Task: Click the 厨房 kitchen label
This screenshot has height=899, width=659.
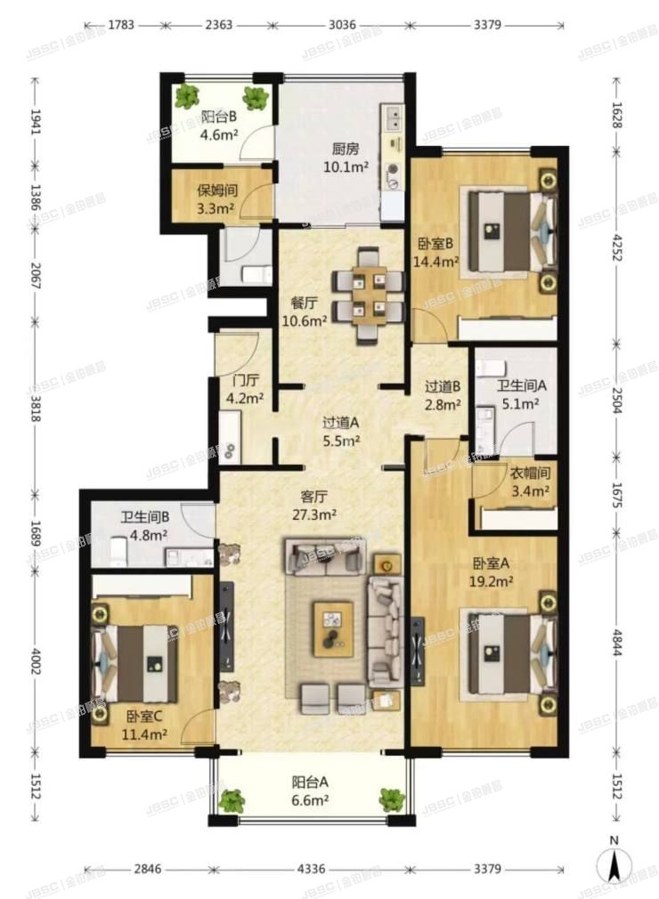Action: coord(346,149)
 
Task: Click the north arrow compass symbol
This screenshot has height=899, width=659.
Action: coord(614,863)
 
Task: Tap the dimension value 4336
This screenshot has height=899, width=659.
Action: coord(311,870)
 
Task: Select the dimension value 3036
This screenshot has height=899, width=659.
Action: coord(342,25)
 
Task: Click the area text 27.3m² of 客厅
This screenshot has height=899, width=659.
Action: coord(313,514)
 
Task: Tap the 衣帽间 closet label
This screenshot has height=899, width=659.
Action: coord(530,473)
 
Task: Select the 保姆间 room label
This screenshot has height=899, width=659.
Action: coord(216,190)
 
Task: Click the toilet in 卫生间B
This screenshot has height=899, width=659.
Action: coord(118,550)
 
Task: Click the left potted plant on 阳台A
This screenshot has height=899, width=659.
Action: coord(232,800)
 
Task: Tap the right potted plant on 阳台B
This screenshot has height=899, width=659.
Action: coord(256,98)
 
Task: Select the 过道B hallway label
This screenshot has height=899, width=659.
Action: coord(443,386)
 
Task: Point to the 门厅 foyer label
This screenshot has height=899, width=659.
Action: coord(246,379)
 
